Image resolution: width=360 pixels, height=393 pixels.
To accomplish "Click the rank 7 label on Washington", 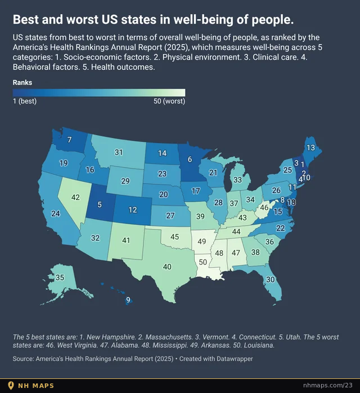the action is [69, 140].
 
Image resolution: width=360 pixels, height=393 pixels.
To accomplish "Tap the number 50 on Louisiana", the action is [203, 262].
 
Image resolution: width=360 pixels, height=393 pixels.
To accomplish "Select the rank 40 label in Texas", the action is [167, 267].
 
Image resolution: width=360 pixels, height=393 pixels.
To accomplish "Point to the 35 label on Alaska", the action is [60, 278].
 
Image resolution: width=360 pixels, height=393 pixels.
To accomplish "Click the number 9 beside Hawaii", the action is [128, 300].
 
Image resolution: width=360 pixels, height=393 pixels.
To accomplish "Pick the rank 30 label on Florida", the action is [271, 279].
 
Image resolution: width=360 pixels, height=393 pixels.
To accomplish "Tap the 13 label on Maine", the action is [310, 148].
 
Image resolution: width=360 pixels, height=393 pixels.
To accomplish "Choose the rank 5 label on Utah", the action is [100, 204].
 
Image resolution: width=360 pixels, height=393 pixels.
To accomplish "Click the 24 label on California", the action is [56, 213].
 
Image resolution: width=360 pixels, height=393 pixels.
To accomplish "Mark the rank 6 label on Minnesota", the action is [190, 159].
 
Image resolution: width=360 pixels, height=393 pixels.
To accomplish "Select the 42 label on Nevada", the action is [75, 197].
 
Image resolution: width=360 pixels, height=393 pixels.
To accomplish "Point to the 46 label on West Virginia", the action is [264, 208].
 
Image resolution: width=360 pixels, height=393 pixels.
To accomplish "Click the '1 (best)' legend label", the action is [25, 101].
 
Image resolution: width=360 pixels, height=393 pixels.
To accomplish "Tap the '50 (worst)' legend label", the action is [169, 101].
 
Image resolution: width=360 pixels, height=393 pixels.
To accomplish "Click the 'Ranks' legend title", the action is [22, 82].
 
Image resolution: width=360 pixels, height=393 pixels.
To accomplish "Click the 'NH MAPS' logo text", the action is [36, 386].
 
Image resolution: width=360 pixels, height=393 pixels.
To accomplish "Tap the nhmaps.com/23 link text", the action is [328, 385].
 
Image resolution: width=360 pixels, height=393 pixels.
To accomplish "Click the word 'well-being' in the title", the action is [203, 20].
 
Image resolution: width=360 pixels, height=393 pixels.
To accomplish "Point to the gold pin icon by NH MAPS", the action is [11, 385].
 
